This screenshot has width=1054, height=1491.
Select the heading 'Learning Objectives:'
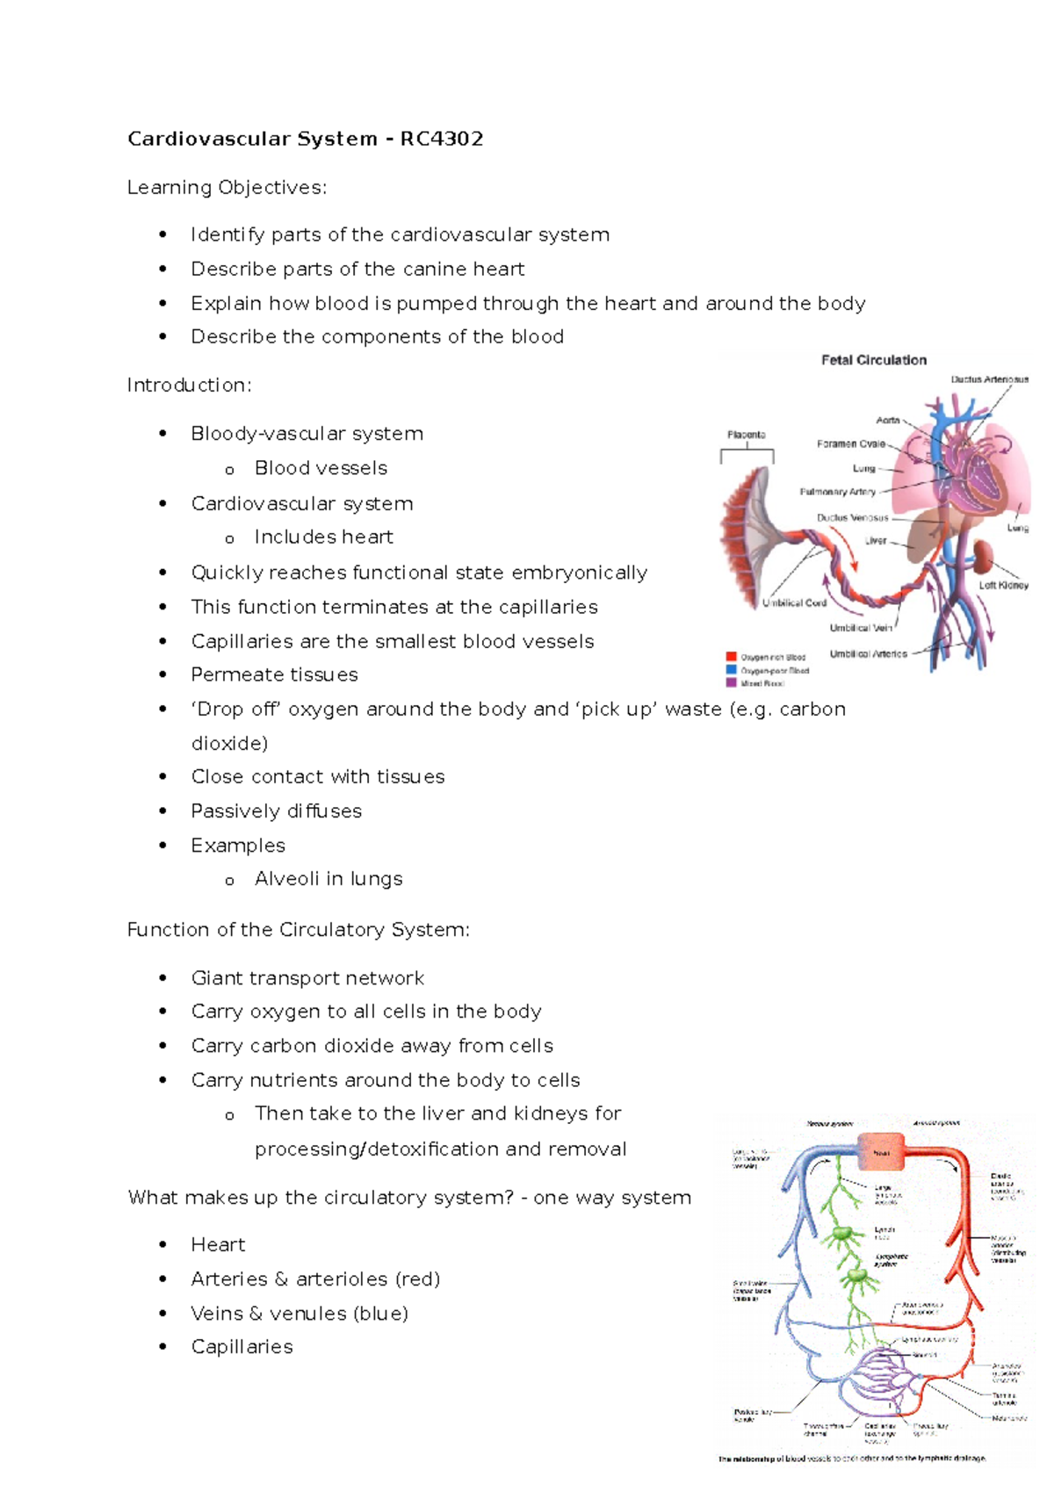click(x=227, y=188)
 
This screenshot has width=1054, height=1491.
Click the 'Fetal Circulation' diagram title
click(x=873, y=360)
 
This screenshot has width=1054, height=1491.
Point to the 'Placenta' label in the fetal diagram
click(x=746, y=435)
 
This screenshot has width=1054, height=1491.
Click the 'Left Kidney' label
click(x=1003, y=585)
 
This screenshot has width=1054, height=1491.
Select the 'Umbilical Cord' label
click(x=794, y=603)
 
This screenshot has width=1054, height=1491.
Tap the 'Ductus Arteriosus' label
click(x=989, y=380)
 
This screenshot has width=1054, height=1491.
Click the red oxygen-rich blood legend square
click(x=731, y=657)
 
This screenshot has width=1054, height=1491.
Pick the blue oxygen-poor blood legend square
click(x=731, y=670)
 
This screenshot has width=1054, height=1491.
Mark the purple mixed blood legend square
click(x=731, y=682)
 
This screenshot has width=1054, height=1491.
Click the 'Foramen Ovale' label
click(x=850, y=444)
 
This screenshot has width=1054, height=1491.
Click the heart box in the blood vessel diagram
click(x=881, y=1152)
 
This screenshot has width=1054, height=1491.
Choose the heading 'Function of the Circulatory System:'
click(x=298, y=930)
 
